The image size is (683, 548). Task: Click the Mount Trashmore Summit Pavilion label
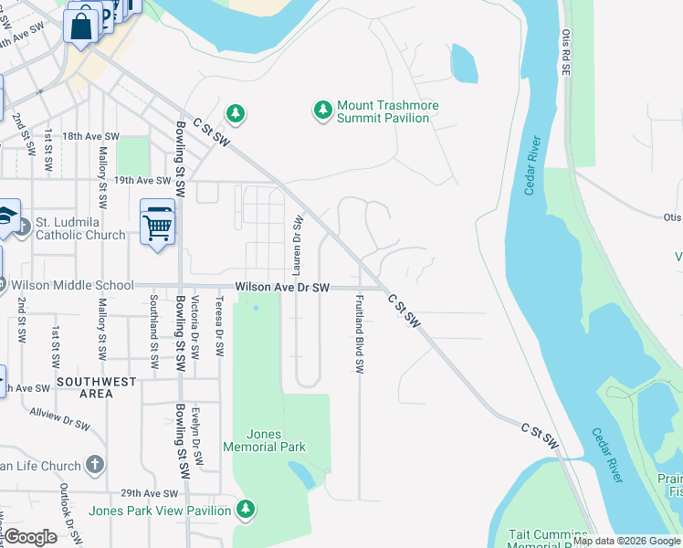point(387,111)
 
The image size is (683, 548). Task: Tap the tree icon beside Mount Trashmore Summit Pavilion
point(322,111)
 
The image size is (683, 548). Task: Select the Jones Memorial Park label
point(263,440)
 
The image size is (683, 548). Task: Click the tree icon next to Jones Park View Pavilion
point(245,509)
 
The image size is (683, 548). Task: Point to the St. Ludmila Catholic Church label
point(80,228)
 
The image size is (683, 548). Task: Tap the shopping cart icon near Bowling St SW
point(157,224)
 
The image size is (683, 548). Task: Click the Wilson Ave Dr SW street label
point(281,287)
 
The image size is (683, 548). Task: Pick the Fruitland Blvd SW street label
point(360,334)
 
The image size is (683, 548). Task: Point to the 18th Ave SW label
point(90,136)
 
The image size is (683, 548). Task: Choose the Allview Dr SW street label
point(59,419)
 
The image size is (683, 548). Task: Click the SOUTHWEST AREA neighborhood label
point(96,387)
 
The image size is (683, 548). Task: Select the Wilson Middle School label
point(70,286)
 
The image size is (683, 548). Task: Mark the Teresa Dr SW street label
point(219,326)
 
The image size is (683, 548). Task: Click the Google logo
point(30,537)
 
